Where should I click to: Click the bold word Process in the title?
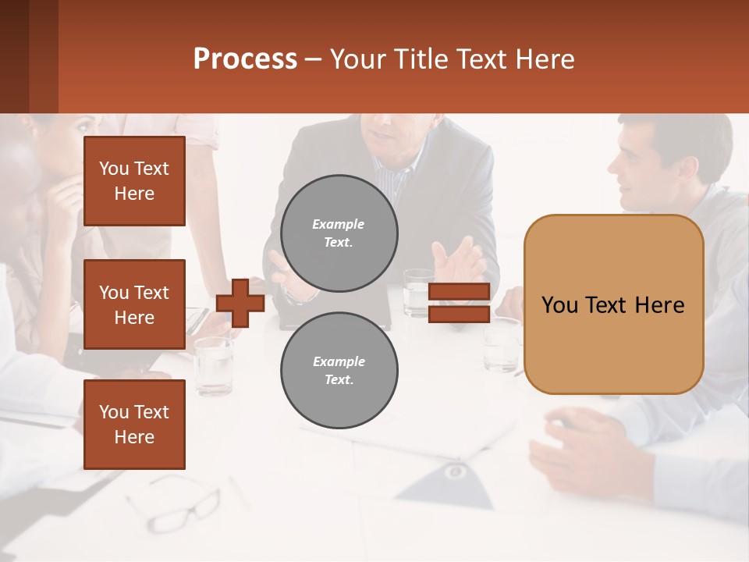(245, 59)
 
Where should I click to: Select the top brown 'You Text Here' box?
(134, 181)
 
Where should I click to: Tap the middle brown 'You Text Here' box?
(134, 304)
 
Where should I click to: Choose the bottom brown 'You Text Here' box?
(134, 425)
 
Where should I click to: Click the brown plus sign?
(240, 303)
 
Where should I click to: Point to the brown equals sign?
(459, 303)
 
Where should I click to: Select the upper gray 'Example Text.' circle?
(339, 233)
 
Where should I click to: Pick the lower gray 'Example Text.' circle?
(339, 371)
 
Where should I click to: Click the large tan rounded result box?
(613, 304)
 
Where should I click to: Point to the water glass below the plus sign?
(213, 363)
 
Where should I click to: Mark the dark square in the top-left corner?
(29, 56)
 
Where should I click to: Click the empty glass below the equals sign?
(500, 347)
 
